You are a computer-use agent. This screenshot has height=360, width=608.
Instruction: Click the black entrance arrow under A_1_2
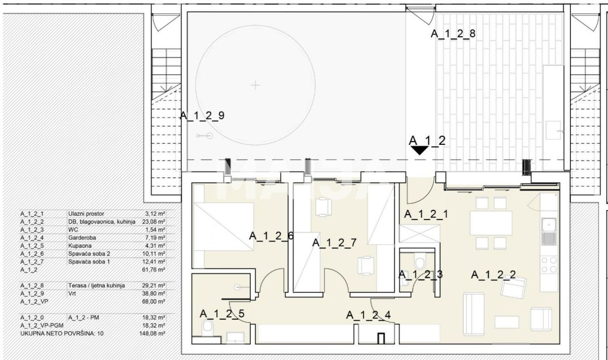[x=419, y=150]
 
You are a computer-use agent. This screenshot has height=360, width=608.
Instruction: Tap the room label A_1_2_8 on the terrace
[x=453, y=34]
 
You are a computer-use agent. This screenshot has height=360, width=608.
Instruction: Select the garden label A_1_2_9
[x=202, y=116]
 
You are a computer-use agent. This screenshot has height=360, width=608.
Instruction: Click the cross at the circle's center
[x=255, y=85]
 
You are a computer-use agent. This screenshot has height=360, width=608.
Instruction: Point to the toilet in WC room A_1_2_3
[x=419, y=262]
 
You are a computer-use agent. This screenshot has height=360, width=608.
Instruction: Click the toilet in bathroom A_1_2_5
[x=208, y=329]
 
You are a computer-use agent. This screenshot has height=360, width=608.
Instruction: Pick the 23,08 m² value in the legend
[x=153, y=222]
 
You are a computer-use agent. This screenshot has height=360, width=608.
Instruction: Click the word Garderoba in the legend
[x=82, y=238]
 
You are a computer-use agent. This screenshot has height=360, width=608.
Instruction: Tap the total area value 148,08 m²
[x=152, y=333]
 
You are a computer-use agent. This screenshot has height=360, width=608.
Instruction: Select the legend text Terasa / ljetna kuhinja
[x=96, y=285]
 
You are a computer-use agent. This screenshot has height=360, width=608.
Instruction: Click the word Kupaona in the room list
[x=80, y=246]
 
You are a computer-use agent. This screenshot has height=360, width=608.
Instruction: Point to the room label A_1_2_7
[x=334, y=243]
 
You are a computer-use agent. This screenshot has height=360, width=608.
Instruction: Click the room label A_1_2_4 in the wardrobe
[x=369, y=315]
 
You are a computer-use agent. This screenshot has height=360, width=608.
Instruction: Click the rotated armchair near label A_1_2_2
[x=514, y=287]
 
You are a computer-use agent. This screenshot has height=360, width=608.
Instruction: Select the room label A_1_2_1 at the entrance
[x=426, y=214]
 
